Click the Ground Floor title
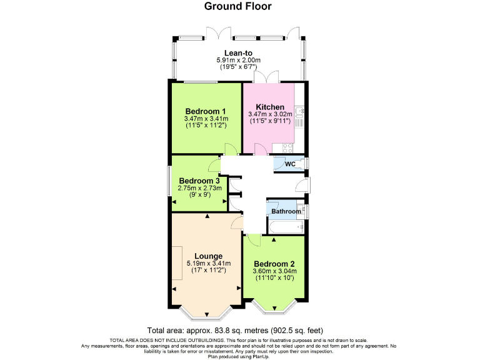238,7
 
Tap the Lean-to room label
238,52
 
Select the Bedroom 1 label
206,111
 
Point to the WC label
290,164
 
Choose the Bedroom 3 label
195,181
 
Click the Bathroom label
286,212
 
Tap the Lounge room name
208,256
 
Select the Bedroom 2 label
273,264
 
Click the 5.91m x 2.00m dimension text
238,60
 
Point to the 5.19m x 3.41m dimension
206,263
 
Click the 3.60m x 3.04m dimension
273,271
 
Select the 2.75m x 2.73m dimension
195,188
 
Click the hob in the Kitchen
289,148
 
